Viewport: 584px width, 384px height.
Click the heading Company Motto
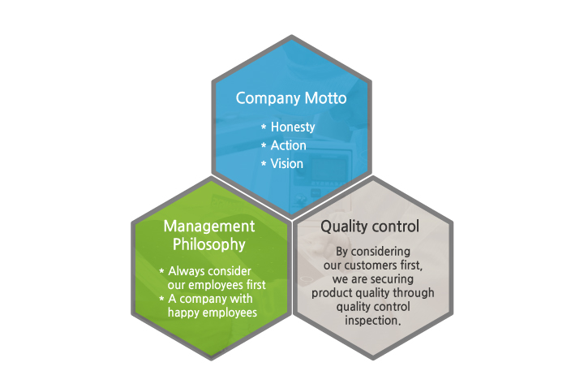[x=291, y=98]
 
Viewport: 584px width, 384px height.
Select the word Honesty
[x=293, y=127]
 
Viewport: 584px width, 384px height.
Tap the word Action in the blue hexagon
[x=288, y=145]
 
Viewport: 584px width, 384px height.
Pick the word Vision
[x=287, y=164]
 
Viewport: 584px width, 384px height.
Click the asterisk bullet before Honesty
[x=264, y=127]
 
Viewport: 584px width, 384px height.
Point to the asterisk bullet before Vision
[x=264, y=163]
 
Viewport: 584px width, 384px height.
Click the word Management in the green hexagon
[x=209, y=227]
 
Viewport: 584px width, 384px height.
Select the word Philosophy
[x=209, y=245]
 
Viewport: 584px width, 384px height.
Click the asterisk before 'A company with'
[x=161, y=299]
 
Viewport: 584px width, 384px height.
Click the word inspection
[x=372, y=321]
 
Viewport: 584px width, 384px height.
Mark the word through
[x=414, y=293]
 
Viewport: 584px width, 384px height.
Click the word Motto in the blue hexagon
[x=325, y=98]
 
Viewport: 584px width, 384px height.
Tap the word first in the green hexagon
[x=256, y=285]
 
